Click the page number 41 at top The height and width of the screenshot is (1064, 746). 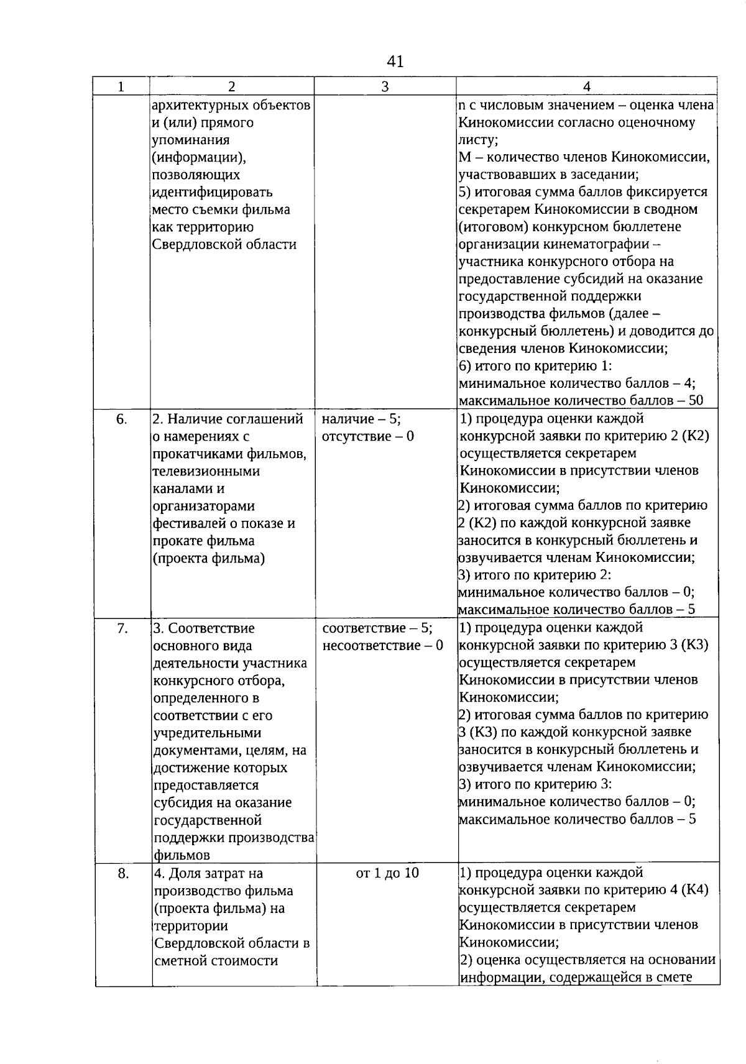pos(395,61)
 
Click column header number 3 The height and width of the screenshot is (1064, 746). pos(385,86)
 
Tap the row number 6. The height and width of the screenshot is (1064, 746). pos(122,420)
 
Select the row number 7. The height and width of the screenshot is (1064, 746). pos(122,628)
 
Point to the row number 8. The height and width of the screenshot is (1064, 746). pos(123,874)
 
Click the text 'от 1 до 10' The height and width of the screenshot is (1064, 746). pos(387,873)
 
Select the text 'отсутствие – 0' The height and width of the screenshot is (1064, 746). pos(368,436)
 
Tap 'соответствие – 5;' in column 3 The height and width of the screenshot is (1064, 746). pos(377,628)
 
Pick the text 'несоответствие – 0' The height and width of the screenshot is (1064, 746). pos(383,645)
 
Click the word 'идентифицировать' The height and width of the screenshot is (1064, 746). pos(212,192)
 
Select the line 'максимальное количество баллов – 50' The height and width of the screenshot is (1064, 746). pos(581,400)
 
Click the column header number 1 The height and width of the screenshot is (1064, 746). pos(121,86)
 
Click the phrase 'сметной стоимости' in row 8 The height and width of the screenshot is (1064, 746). pos(215,961)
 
